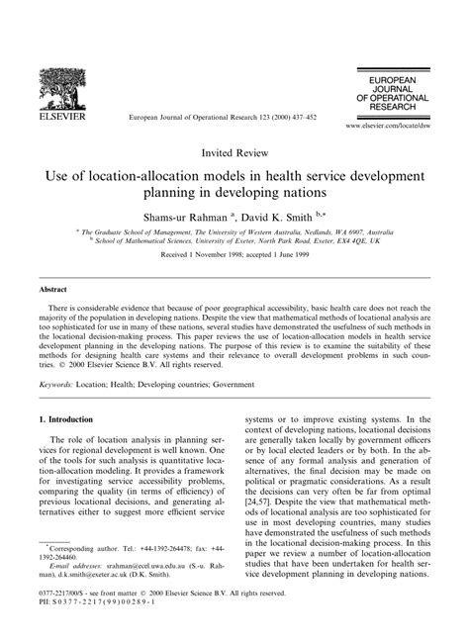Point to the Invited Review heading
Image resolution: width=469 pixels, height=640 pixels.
[234, 153]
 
